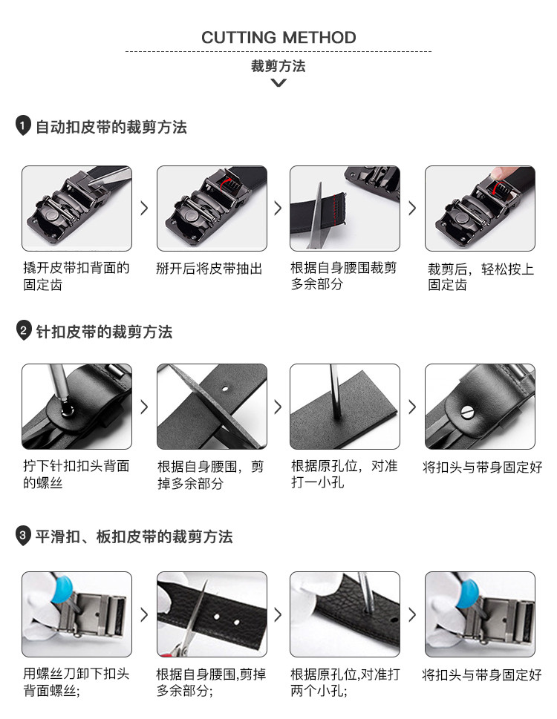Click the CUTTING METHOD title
click(278, 38)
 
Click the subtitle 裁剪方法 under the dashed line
click(278, 66)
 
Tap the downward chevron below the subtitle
click(278, 83)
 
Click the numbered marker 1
click(23, 125)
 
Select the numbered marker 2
click(23, 330)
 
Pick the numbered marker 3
click(23, 535)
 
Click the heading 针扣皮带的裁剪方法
click(104, 332)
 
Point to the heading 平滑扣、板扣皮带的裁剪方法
click(134, 536)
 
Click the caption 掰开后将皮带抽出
click(209, 269)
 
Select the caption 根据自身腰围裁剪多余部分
click(344, 275)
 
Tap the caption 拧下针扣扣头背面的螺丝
click(76, 474)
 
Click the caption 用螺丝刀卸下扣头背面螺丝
click(76, 682)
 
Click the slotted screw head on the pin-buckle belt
click(468, 413)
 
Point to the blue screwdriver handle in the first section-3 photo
click(62, 588)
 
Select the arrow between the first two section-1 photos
click(144, 209)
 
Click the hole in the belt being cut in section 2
click(225, 388)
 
